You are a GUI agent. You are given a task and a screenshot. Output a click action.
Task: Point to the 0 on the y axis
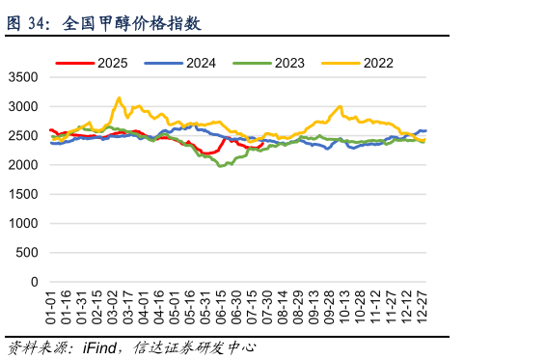tap(35, 283)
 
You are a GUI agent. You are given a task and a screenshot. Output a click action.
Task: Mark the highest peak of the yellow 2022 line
tap(119, 97)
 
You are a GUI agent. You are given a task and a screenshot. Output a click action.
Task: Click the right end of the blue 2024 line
tap(425, 130)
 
